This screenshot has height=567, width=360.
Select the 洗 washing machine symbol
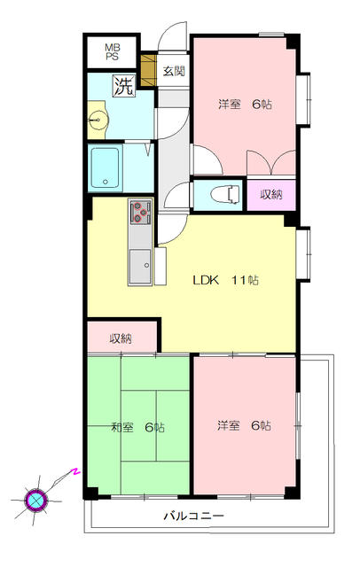[x=122, y=87]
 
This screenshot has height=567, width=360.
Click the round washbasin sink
[x=98, y=122]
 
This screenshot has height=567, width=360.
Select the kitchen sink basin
[x=141, y=264]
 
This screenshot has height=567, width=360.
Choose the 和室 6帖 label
[x=137, y=427]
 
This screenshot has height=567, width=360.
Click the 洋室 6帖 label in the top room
[x=245, y=105]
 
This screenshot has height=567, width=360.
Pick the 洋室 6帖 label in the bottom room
[x=244, y=425]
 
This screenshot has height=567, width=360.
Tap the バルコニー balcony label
[x=193, y=516]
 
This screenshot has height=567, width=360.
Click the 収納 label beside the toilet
[x=271, y=194]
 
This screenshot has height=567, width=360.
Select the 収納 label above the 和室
[x=121, y=338]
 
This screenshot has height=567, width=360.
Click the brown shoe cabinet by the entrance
[x=148, y=67]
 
